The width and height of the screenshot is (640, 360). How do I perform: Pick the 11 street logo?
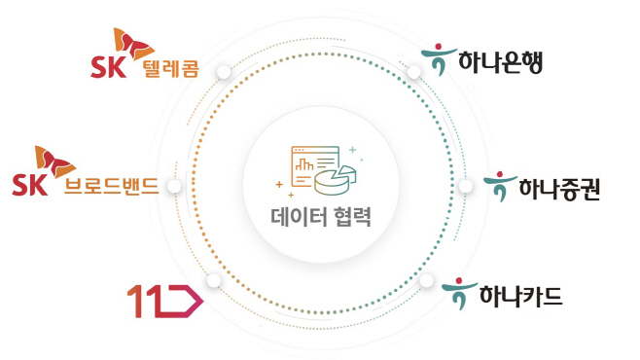click(165, 302)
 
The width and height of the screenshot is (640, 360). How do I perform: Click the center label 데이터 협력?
click(320, 216)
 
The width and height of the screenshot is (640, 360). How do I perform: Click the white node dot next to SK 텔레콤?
click(224, 71)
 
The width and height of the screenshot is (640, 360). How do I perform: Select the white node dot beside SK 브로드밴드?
click(174, 186)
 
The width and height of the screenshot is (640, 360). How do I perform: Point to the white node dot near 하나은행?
click(413, 72)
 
